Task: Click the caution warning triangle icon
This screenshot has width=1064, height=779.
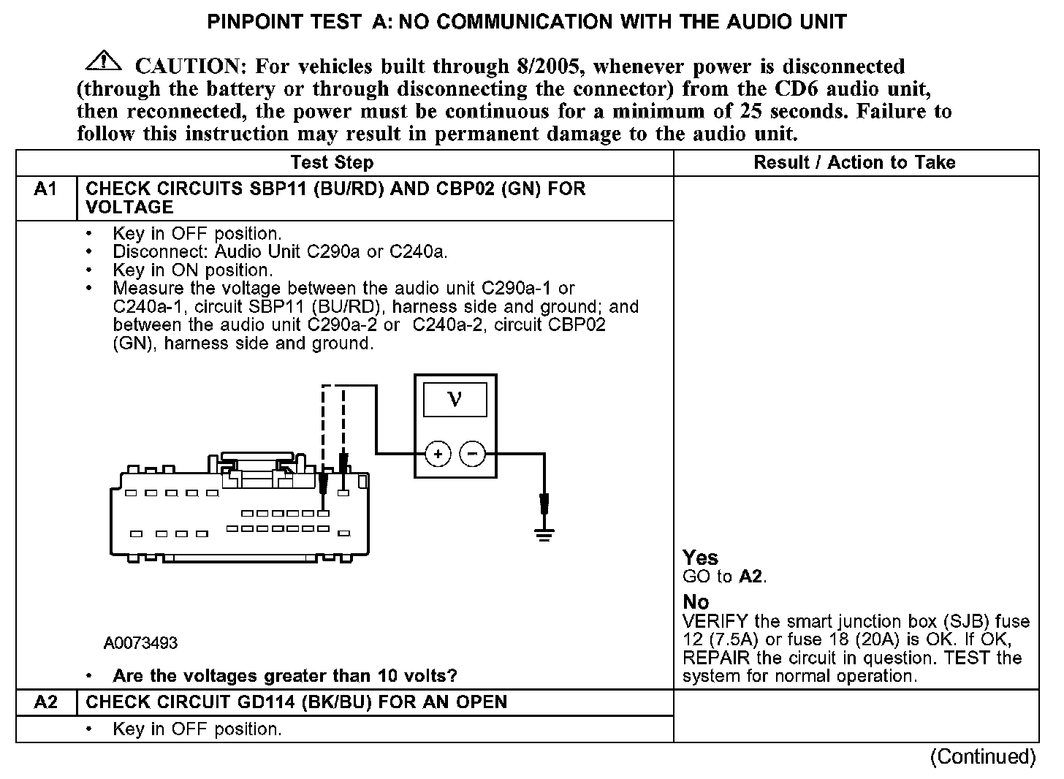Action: coord(104,61)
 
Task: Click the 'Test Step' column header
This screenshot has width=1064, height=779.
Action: coord(332,162)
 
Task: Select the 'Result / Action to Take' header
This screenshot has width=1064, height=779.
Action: coord(854,162)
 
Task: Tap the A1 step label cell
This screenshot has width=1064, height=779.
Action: coord(45,190)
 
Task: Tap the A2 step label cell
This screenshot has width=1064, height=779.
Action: coord(45,702)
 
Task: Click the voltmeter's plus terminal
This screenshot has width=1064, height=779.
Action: coord(438,455)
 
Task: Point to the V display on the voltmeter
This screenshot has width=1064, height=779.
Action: coord(455,399)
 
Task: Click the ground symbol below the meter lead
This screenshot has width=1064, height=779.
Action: coord(544,536)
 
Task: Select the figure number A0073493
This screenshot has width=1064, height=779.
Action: coord(140,643)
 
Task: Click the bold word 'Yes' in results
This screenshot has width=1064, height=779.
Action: coord(700,558)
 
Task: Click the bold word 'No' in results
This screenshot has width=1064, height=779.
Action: coord(696,602)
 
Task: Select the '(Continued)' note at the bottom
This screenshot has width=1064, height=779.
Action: coord(983,757)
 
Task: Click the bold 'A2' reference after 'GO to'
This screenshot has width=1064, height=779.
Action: coord(750,577)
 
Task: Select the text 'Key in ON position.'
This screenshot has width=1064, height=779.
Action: coord(193,270)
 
